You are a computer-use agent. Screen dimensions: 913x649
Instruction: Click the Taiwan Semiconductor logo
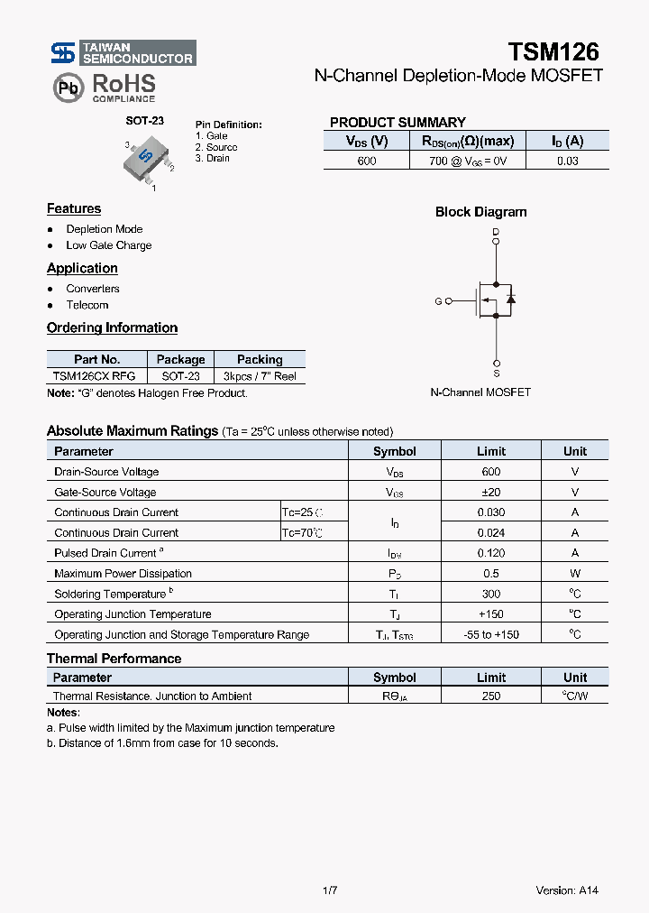[122, 53]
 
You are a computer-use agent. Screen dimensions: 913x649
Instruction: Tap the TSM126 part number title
[553, 51]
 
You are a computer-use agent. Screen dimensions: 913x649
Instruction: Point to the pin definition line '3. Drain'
[213, 159]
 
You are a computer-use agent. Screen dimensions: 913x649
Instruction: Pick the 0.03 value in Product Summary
[567, 161]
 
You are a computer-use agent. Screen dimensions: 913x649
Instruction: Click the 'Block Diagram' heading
[480, 212]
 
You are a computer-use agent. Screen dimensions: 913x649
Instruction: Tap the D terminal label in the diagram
[496, 233]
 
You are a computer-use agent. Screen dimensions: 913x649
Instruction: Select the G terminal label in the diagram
[438, 301]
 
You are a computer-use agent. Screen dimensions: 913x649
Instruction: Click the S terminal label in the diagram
[496, 373]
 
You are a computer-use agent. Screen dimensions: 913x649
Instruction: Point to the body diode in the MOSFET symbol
[510, 299]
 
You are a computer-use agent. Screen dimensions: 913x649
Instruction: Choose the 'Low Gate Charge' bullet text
[108, 245]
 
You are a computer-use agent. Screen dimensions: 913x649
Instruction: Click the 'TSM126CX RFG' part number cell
[94, 376]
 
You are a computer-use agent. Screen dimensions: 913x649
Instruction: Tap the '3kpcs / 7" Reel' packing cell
[260, 376]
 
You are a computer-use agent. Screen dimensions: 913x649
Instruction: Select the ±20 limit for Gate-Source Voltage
[490, 493]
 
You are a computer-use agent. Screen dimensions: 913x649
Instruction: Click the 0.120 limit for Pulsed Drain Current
[490, 553]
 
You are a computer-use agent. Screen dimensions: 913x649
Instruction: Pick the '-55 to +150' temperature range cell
[490, 634]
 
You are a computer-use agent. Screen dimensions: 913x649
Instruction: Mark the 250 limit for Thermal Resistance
[490, 696]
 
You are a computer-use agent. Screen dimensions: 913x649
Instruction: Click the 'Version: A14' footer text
[566, 890]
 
